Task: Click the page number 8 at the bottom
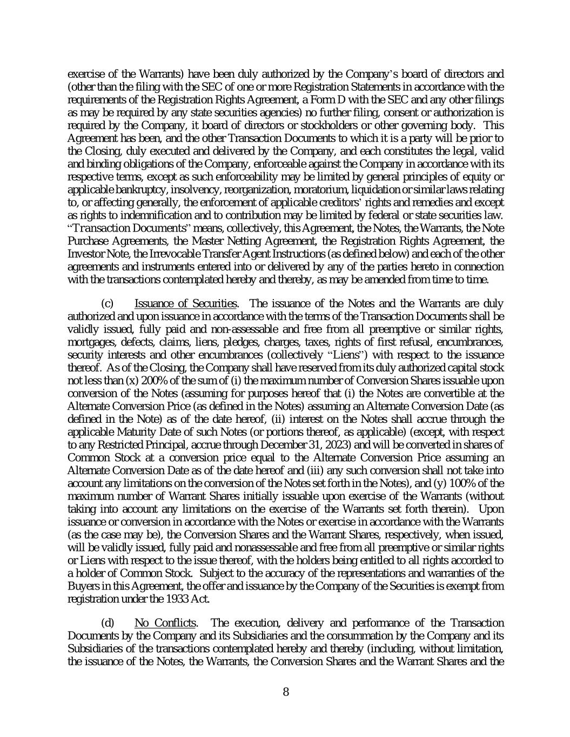pyautogui.click(x=286, y=692)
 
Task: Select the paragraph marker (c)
pyautogui.click(x=108, y=303)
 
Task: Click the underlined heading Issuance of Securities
pyautogui.click(x=185, y=303)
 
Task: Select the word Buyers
pyautogui.click(x=82, y=586)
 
